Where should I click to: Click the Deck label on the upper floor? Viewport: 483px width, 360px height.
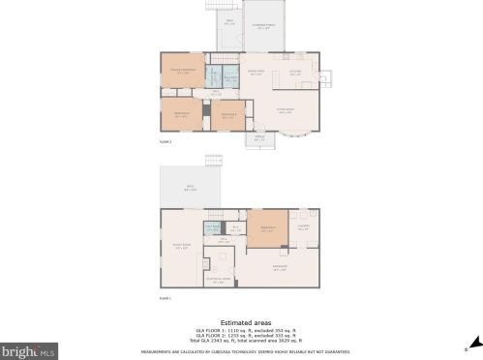(x=229, y=20)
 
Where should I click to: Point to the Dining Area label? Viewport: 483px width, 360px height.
(x=257, y=73)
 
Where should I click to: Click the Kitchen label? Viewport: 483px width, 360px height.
(x=297, y=73)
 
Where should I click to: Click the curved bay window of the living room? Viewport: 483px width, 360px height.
(x=312, y=122)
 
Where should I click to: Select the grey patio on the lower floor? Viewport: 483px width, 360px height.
(x=191, y=189)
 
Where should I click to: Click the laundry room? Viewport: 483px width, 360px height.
(x=303, y=228)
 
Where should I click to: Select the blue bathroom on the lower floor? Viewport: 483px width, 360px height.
(x=212, y=228)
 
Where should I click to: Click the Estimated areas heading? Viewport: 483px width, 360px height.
(x=246, y=321)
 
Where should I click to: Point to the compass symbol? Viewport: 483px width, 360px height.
(x=467, y=347)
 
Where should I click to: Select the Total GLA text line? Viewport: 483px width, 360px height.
(x=246, y=341)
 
